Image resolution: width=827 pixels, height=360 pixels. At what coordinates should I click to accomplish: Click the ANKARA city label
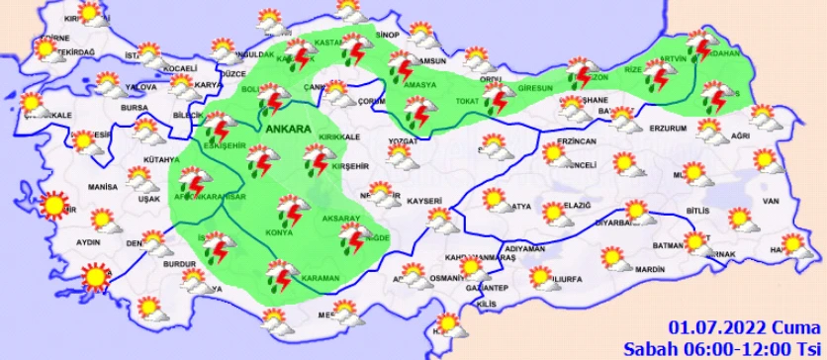pos(288,129)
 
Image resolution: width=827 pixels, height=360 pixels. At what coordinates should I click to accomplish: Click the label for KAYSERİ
pos(422,201)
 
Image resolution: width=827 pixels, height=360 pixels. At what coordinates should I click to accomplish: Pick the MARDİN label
pos(650,269)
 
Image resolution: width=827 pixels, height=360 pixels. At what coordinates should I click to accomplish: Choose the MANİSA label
pos(103,186)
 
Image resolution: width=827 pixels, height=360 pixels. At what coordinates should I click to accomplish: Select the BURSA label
pos(134,107)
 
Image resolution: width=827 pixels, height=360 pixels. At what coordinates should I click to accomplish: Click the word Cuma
pos(788,328)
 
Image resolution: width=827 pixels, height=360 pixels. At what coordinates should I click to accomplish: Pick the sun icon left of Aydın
pos(51,206)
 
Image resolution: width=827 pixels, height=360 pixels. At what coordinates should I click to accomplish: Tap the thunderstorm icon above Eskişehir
pos(217,128)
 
